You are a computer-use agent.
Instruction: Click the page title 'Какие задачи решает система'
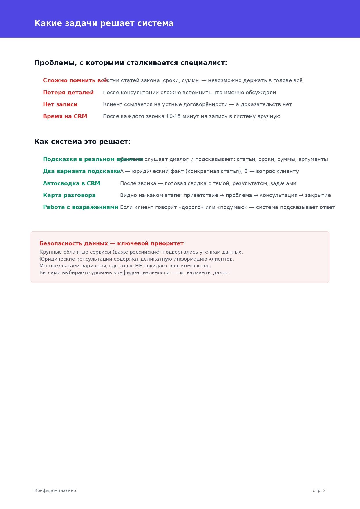tap(104, 23)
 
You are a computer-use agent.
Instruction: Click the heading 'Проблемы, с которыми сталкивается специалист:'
tap(131, 63)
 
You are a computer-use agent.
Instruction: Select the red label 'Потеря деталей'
tap(68, 93)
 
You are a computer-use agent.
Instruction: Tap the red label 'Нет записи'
tap(60, 104)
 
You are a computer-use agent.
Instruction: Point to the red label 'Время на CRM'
tap(65, 116)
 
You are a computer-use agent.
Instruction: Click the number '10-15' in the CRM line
tap(173, 116)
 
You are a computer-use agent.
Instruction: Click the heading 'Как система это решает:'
tap(82, 142)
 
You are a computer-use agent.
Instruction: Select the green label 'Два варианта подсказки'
tap(82, 171)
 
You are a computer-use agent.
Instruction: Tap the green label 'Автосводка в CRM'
tap(71, 183)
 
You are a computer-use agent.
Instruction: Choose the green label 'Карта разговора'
tap(69, 195)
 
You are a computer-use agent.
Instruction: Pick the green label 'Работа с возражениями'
tap(80, 207)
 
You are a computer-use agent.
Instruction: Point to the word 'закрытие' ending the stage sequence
tap(318, 195)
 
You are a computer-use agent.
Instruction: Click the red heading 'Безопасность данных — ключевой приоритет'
tap(111, 243)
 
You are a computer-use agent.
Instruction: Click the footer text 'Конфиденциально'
tap(55, 490)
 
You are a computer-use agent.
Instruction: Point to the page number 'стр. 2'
tap(319, 490)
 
